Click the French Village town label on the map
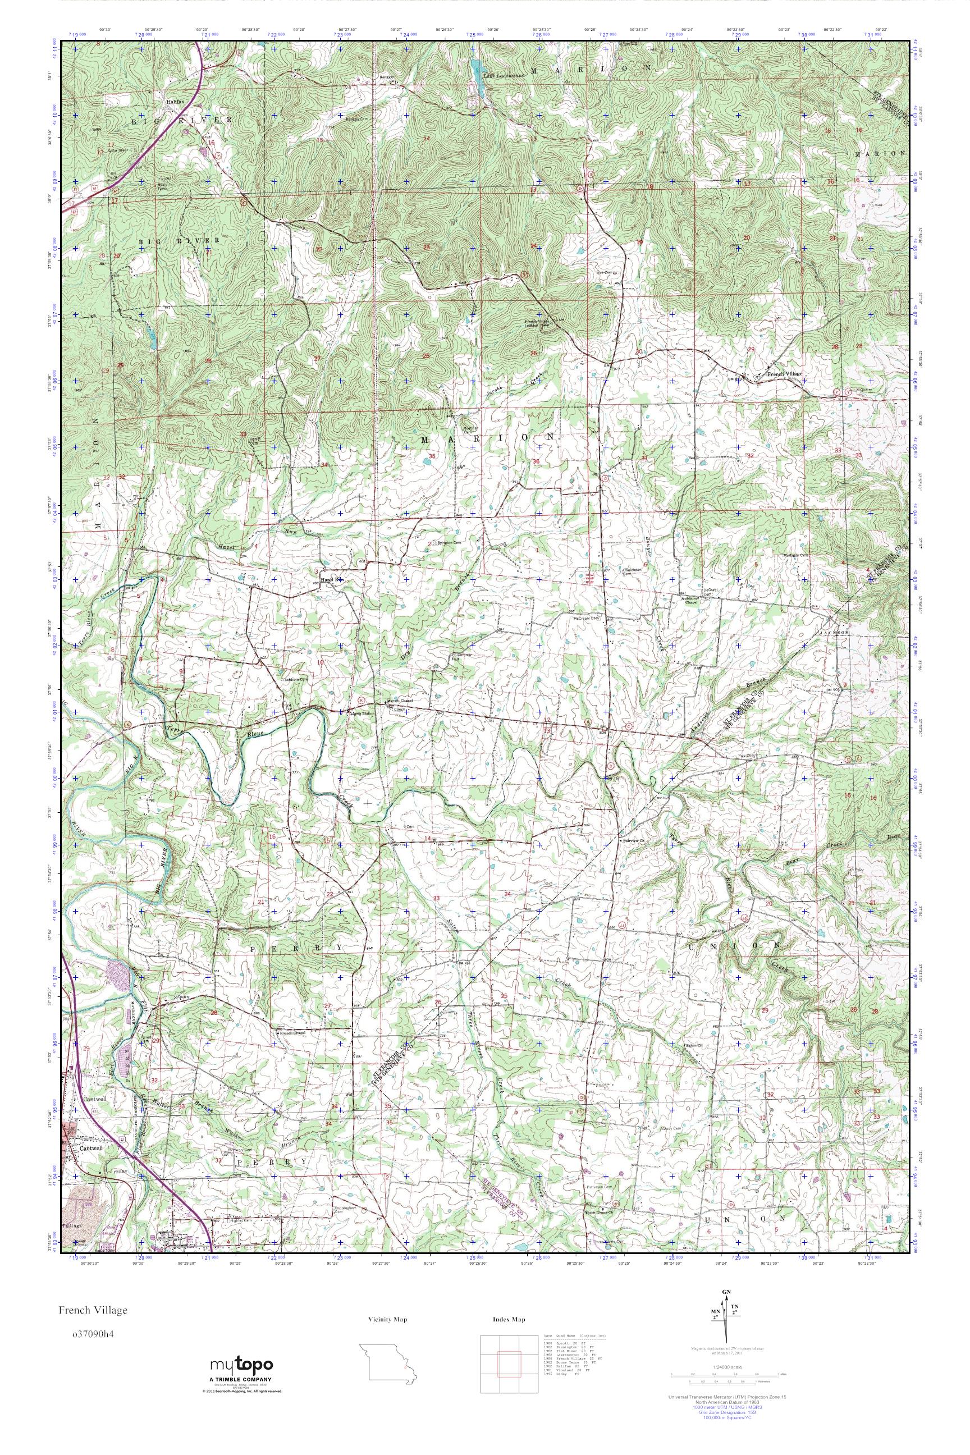click(784, 375)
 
